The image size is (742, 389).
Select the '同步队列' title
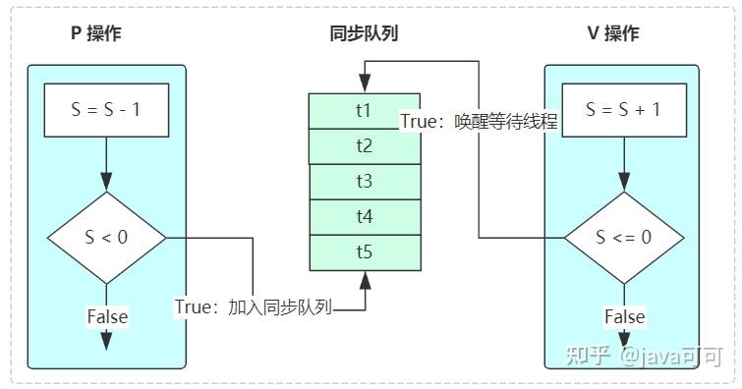coord(364,33)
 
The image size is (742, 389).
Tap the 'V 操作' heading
coord(612,33)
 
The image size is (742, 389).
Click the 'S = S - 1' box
coord(107,110)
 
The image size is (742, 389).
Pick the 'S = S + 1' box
coord(623,110)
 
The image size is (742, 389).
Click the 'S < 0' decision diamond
coord(107,237)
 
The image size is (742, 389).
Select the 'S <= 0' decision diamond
coord(623,237)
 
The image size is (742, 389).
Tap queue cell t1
coord(364,110)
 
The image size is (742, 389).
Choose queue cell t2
coord(364,146)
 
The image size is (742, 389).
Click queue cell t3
coord(364,182)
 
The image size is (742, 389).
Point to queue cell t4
coord(364,217)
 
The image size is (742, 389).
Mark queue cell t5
coord(364,252)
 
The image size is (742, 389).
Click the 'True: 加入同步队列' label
coord(255,306)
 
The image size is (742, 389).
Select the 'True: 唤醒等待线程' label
coord(479,122)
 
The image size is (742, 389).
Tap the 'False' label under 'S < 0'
coord(107,316)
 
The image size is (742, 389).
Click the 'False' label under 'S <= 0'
coord(624,316)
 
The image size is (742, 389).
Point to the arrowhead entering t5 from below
coord(365,280)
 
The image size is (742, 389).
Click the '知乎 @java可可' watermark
coord(645,356)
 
